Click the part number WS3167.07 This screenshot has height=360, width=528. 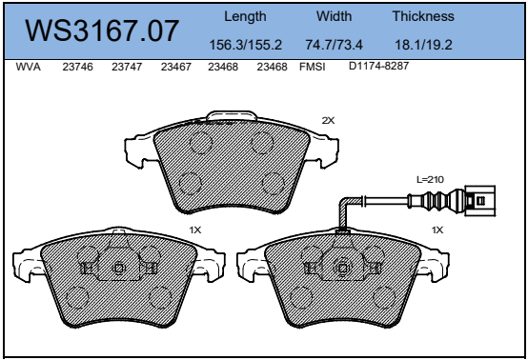102,31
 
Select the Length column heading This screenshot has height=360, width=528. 245,17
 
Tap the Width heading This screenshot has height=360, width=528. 334,16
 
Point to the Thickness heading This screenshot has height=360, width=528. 423,16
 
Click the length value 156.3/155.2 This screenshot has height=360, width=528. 246,45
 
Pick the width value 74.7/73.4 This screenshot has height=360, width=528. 334,45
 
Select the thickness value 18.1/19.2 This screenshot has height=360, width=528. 423,45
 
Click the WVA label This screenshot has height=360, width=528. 29,67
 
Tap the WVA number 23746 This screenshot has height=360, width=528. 77,67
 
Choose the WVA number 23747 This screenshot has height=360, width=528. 127,67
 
